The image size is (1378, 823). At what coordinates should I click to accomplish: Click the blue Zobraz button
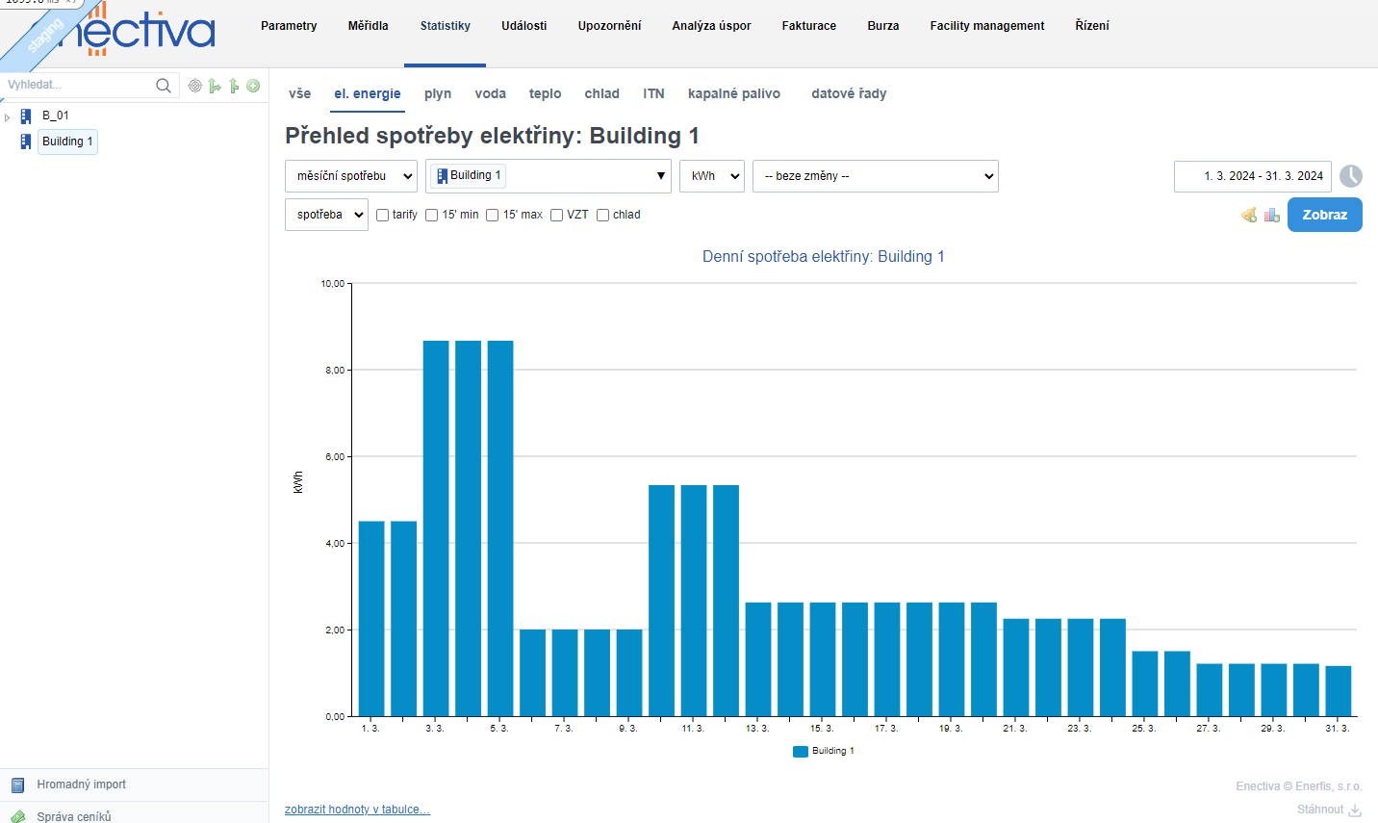pyautogui.click(x=1324, y=215)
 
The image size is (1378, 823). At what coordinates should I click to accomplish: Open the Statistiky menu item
pyautogui.click(x=445, y=26)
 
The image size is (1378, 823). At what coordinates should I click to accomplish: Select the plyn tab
pyautogui.click(x=438, y=93)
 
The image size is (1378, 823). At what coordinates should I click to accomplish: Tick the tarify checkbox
pyautogui.click(x=383, y=215)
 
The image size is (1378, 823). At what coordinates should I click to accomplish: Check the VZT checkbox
pyautogui.click(x=556, y=215)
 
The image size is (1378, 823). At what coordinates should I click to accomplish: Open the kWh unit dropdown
pyautogui.click(x=712, y=176)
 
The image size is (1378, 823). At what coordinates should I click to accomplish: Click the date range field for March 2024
pyautogui.click(x=1252, y=176)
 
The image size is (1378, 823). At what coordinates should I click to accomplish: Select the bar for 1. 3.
pyautogui.click(x=371, y=618)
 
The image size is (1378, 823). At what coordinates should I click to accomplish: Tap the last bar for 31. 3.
pyautogui.click(x=1339, y=690)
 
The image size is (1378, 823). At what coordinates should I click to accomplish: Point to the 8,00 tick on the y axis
pyautogui.click(x=335, y=371)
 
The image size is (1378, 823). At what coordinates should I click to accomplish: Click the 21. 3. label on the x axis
pyautogui.click(x=1015, y=729)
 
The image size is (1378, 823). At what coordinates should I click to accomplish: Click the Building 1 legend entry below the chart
pyautogui.click(x=824, y=751)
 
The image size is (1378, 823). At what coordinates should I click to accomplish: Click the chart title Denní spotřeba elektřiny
pyautogui.click(x=823, y=256)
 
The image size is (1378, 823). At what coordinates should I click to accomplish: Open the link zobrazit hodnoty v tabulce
pyautogui.click(x=357, y=810)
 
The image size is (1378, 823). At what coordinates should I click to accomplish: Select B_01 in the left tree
pyautogui.click(x=56, y=116)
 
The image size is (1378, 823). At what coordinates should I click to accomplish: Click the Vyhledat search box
pyautogui.click(x=79, y=85)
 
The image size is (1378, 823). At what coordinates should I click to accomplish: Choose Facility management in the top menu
pyautogui.click(x=986, y=26)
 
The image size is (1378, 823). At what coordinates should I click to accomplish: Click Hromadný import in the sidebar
pyautogui.click(x=81, y=784)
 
